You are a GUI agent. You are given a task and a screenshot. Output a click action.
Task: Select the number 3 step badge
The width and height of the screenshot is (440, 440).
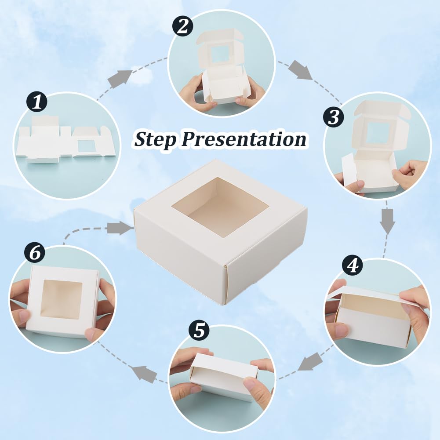[334, 117]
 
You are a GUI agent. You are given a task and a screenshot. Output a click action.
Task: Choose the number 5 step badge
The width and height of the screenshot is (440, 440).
[199, 330]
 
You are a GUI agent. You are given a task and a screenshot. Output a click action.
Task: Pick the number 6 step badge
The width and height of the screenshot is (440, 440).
[35, 253]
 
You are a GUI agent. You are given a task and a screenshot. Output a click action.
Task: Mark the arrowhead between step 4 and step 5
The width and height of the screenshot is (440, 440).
[309, 362]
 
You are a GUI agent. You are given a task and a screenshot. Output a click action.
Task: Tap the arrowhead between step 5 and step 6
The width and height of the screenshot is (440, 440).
[144, 374]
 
